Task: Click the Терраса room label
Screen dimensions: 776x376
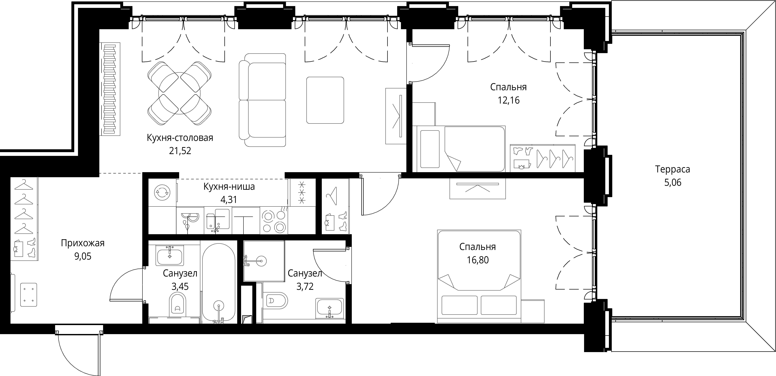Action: click(x=672, y=169)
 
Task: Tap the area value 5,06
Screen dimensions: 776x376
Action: click(x=673, y=182)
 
